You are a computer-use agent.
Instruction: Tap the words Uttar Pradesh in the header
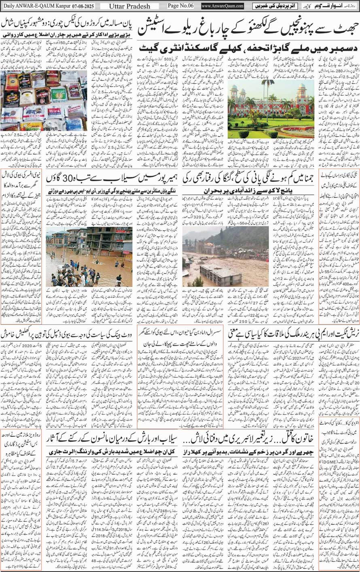[x=129, y=6]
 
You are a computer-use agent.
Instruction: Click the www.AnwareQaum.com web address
[x=223, y=6]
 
